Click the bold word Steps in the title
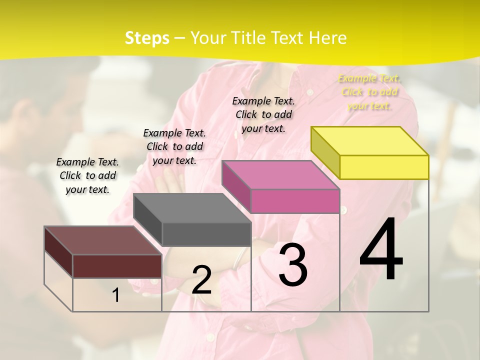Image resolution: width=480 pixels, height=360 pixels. pyautogui.click(x=147, y=38)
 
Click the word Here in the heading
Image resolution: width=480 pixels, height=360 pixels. pyautogui.click(x=328, y=38)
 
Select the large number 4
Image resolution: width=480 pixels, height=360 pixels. pyautogui.click(x=381, y=250)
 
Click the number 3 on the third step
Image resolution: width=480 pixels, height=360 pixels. pyautogui.click(x=292, y=265)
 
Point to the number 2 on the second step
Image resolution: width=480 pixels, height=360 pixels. pyautogui.click(x=201, y=280)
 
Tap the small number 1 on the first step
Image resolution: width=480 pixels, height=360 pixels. pyautogui.click(x=116, y=295)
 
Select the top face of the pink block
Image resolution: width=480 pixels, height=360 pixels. pyautogui.click(x=280, y=175)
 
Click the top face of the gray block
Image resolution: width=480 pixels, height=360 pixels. pyautogui.click(x=192, y=208)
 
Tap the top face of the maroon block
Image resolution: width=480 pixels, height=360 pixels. pyautogui.click(x=103, y=240)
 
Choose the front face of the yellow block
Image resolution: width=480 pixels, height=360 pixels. pyautogui.click(x=384, y=167)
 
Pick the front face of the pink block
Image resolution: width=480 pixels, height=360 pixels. pyautogui.click(x=295, y=201)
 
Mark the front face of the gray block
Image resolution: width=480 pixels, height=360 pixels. pyautogui.click(x=206, y=234)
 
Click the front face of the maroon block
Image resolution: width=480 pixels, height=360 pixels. pyautogui.click(x=117, y=266)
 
